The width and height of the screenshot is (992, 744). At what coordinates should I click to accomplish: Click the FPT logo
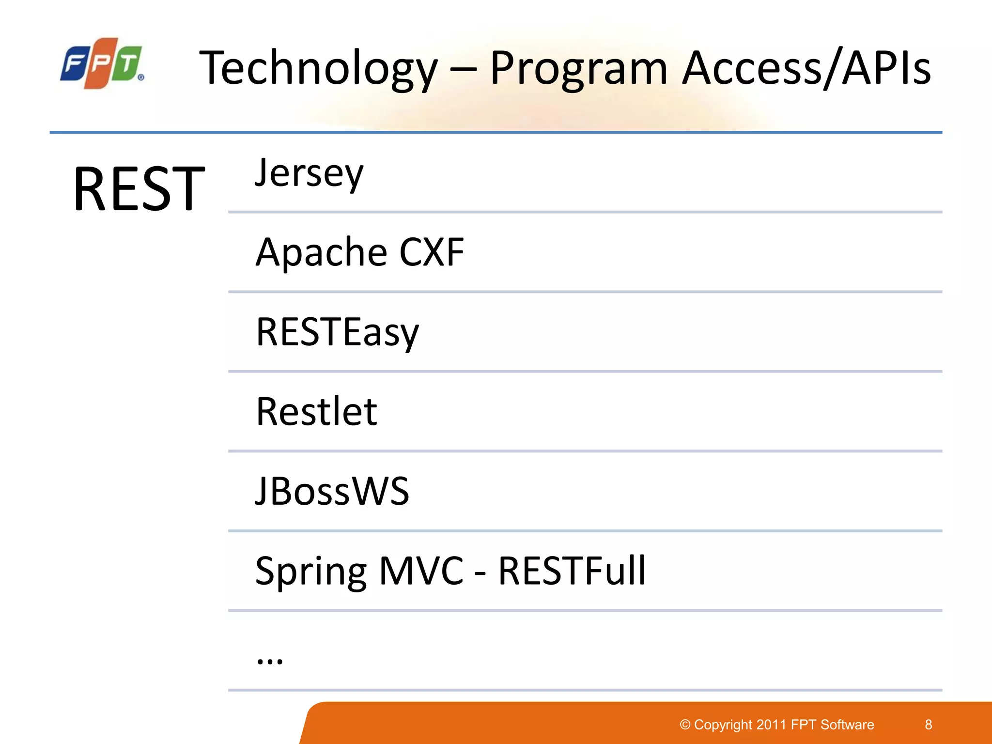point(102,63)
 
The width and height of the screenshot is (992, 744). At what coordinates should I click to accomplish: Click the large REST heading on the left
point(139,188)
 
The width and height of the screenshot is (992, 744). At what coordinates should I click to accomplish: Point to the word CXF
point(432,252)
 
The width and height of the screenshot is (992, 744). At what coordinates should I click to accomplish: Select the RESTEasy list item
point(337,332)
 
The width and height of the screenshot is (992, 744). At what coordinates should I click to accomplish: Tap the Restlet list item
point(316,412)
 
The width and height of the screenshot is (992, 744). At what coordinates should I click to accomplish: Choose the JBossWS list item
point(332,491)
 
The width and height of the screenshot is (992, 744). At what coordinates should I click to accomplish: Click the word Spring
point(310,572)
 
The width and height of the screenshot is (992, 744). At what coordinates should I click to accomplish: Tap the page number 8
point(929,725)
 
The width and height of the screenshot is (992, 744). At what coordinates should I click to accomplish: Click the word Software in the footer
point(847,725)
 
